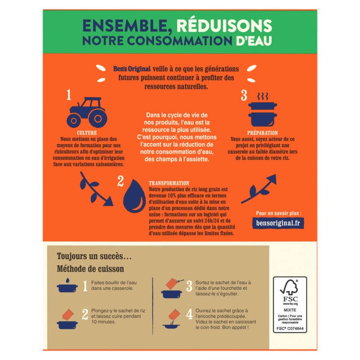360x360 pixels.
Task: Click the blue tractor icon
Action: coord(87,112)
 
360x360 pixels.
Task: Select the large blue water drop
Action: coord(134,196)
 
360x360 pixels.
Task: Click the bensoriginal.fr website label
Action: coord(278,223)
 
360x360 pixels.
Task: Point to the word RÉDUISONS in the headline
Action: coord(224,26)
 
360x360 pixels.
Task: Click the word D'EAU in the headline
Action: coord(254,40)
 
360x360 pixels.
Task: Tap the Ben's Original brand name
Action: coord(132,69)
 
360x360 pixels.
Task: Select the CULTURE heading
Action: coord(87,133)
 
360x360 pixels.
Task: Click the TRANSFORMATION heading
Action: coord(169,183)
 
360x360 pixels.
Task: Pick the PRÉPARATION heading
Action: coord(262,133)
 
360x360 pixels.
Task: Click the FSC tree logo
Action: coord(290,287)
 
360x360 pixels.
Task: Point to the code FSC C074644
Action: coord(290,328)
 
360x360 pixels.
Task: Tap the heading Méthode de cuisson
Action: coord(90,269)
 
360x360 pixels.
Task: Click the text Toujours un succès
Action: coord(94,256)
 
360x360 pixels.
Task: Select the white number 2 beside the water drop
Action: coord(120,181)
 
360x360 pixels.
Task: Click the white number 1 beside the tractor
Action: coord(69,94)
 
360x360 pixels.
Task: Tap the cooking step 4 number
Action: coord(189,314)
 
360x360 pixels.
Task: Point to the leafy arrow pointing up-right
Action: coord(258,189)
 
